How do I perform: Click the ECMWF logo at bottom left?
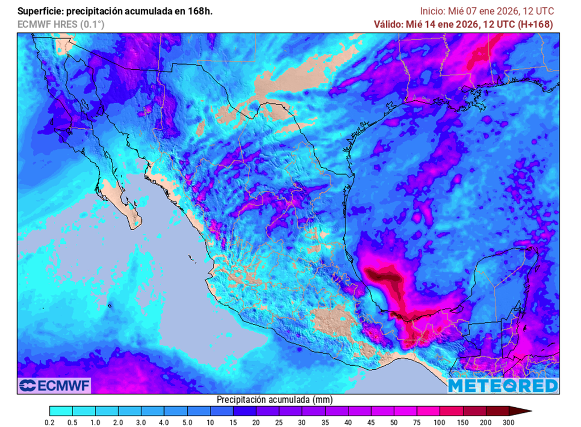[x=54, y=386]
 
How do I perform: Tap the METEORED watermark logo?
[x=503, y=386]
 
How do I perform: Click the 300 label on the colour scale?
[x=508, y=422]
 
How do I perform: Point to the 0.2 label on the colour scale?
[x=50, y=422]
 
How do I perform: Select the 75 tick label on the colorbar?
[x=417, y=422]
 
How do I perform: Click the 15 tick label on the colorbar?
[x=233, y=422]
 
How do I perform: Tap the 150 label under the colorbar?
[x=463, y=422]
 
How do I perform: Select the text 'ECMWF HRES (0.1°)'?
[x=61, y=24]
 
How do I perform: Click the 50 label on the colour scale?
[x=394, y=422]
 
